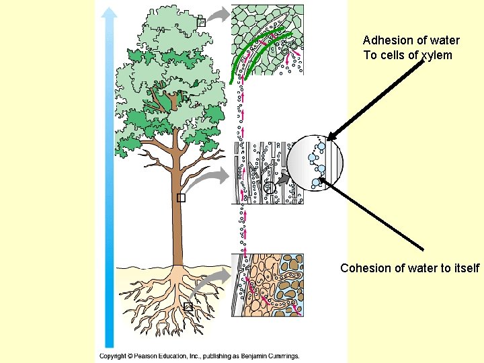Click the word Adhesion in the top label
click(x=386, y=40)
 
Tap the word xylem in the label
click(x=436, y=55)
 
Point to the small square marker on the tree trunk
click(x=181, y=198)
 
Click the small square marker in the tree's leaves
click(x=200, y=23)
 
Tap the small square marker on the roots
click(x=188, y=307)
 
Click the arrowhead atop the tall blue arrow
click(x=110, y=11)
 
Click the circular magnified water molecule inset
click(x=317, y=163)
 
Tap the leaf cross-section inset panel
click(x=267, y=39)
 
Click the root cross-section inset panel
click(x=268, y=285)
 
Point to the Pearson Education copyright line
click(x=199, y=356)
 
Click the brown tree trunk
click(x=177, y=222)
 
